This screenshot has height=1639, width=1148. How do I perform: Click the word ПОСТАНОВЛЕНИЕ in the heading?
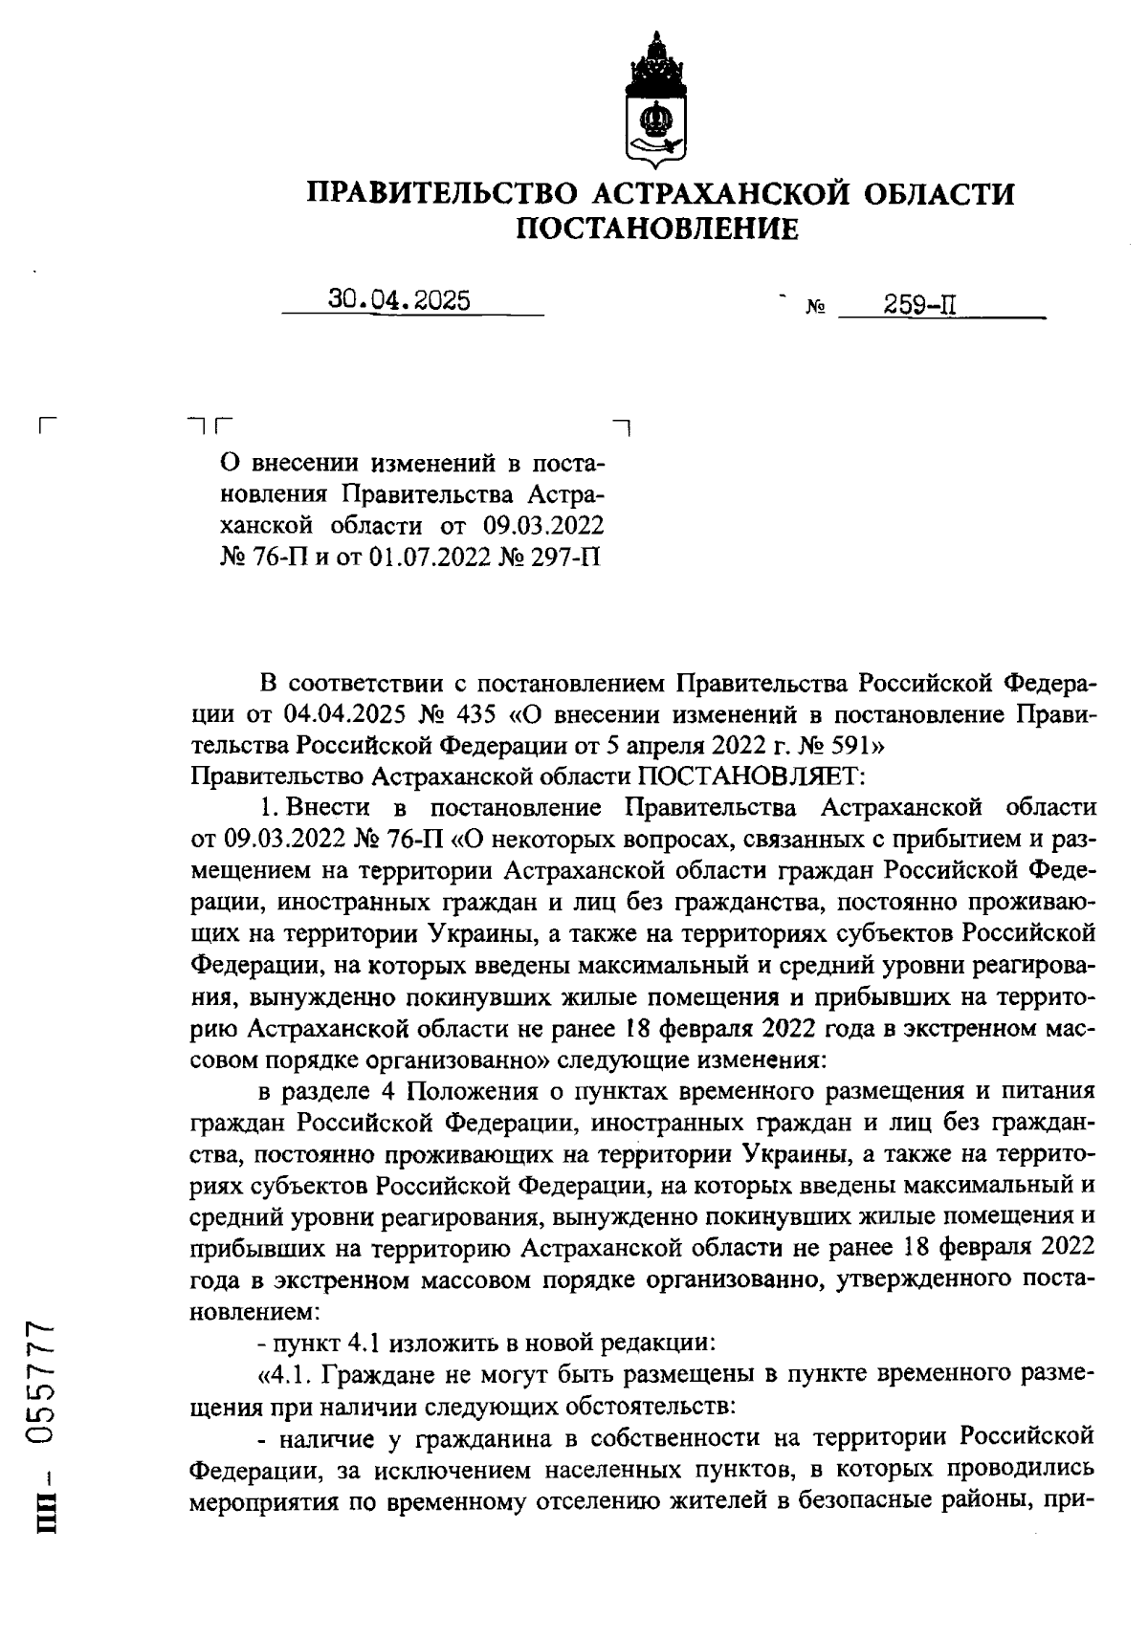(x=657, y=229)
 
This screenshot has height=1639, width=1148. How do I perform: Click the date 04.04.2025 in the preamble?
(x=342, y=714)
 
